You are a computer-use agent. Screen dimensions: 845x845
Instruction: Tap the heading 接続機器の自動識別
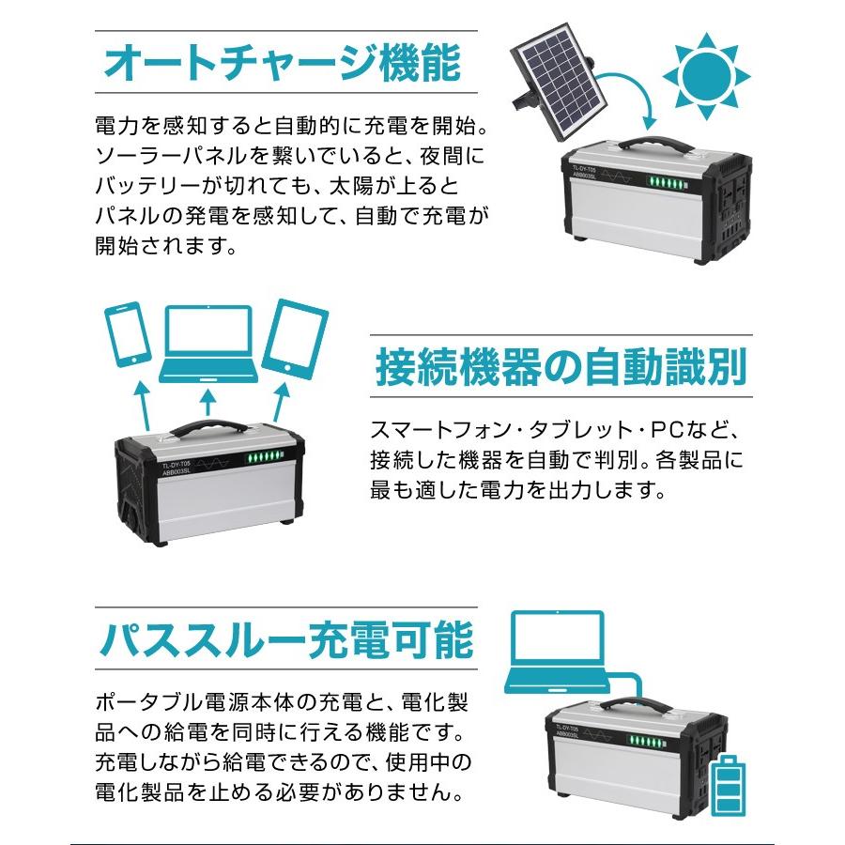point(561,366)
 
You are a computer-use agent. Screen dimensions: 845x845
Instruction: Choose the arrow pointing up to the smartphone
point(142,401)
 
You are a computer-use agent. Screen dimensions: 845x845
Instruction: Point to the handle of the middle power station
point(207,428)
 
